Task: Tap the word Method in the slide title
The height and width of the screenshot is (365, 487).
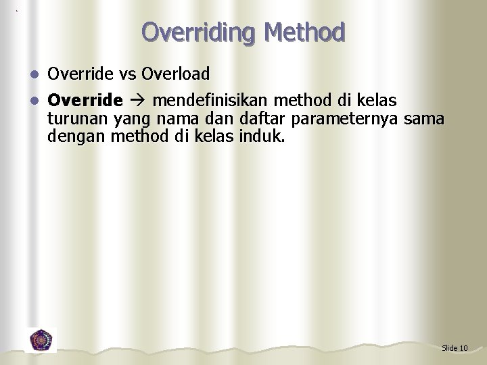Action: (x=305, y=32)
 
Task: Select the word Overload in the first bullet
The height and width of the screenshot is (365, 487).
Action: (x=175, y=73)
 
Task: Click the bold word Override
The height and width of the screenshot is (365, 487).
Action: (x=85, y=101)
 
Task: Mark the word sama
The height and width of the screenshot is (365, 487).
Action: (x=424, y=120)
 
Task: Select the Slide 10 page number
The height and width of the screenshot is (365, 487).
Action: (x=454, y=348)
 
